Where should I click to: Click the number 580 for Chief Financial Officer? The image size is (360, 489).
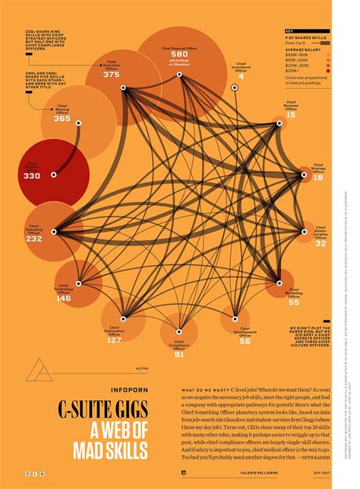point(179,54)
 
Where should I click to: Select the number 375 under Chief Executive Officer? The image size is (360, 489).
point(112,74)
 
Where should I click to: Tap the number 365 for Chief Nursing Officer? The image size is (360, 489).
point(62,118)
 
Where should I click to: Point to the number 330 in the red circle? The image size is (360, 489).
point(32,175)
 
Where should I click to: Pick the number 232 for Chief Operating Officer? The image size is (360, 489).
point(34,238)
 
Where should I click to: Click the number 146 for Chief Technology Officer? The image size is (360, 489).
point(63,298)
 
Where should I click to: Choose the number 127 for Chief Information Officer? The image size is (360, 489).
point(114,339)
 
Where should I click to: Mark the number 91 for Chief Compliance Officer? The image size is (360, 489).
point(178,354)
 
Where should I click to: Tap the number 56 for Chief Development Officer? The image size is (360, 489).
point(245,341)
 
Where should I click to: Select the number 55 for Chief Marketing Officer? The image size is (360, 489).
point(293,302)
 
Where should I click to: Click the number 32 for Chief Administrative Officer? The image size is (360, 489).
point(321,243)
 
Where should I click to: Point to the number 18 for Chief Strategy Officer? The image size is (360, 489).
point(317,177)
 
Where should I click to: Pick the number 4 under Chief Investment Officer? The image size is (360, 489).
point(241,77)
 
